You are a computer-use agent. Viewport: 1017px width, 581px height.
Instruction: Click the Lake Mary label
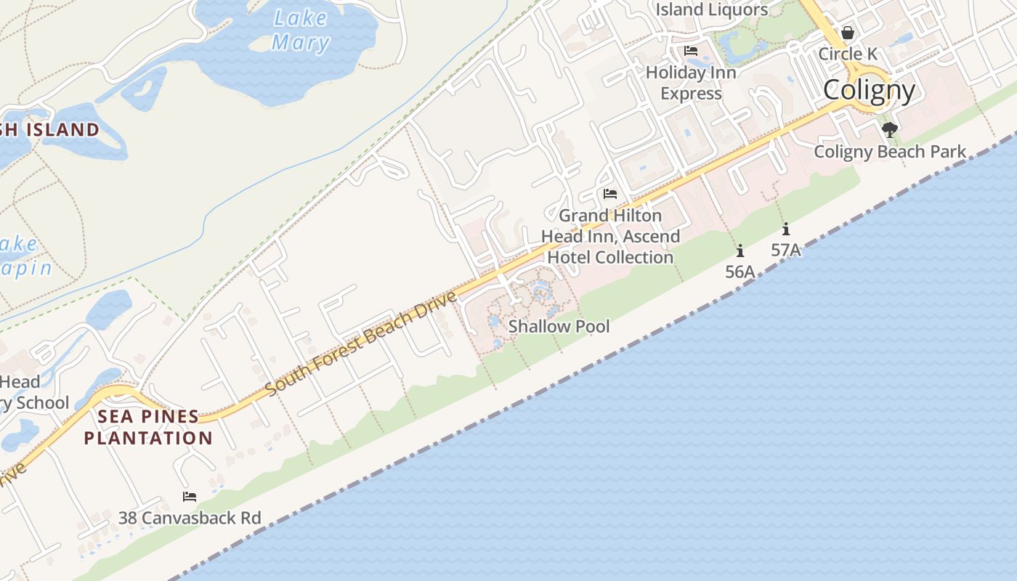pyautogui.click(x=301, y=31)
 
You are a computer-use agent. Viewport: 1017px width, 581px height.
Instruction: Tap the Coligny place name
pyautogui.click(x=869, y=91)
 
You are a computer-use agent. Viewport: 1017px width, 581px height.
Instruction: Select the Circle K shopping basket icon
pyautogui.click(x=847, y=33)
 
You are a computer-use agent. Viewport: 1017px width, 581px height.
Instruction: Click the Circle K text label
pyautogui.click(x=847, y=54)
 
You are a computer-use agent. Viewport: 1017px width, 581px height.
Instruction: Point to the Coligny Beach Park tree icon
pyautogui.click(x=889, y=130)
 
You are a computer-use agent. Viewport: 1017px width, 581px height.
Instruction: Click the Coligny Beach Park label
pyautogui.click(x=890, y=152)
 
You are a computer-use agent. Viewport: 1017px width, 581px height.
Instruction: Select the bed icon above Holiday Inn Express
pyautogui.click(x=691, y=51)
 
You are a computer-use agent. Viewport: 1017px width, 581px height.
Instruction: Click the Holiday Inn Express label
pyautogui.click(x=691, y=83)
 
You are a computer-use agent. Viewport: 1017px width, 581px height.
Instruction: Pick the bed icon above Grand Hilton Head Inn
pyautogui.click(x=610, y=194)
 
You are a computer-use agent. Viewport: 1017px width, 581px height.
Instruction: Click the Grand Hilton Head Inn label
pyautogui.click(x=610, y=236)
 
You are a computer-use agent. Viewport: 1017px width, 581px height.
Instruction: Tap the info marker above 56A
pyautogui.click(x=740, y=251)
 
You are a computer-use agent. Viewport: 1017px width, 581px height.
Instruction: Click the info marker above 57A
pyautogui.click(x=785, y=229)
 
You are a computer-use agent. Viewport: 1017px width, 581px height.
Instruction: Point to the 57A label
pyautogui.click(x=785, y=251)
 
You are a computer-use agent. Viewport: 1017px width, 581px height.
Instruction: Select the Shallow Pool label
pyautogui.click(x=559, y=326)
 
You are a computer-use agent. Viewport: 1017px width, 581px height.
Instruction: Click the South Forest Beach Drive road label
pyautogui.click(x=361, y=343)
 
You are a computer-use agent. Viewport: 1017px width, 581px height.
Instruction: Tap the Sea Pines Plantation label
pyautogui.click(x=148, y=427)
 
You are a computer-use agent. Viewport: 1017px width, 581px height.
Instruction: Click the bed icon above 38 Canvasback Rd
pyautogui.click(x=190, y=497)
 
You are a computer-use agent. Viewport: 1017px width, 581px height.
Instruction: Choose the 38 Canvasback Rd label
pyautogui.click(x=190, y=518)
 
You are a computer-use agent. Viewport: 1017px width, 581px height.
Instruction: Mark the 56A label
pyautogui.click(x=740, y=272)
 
